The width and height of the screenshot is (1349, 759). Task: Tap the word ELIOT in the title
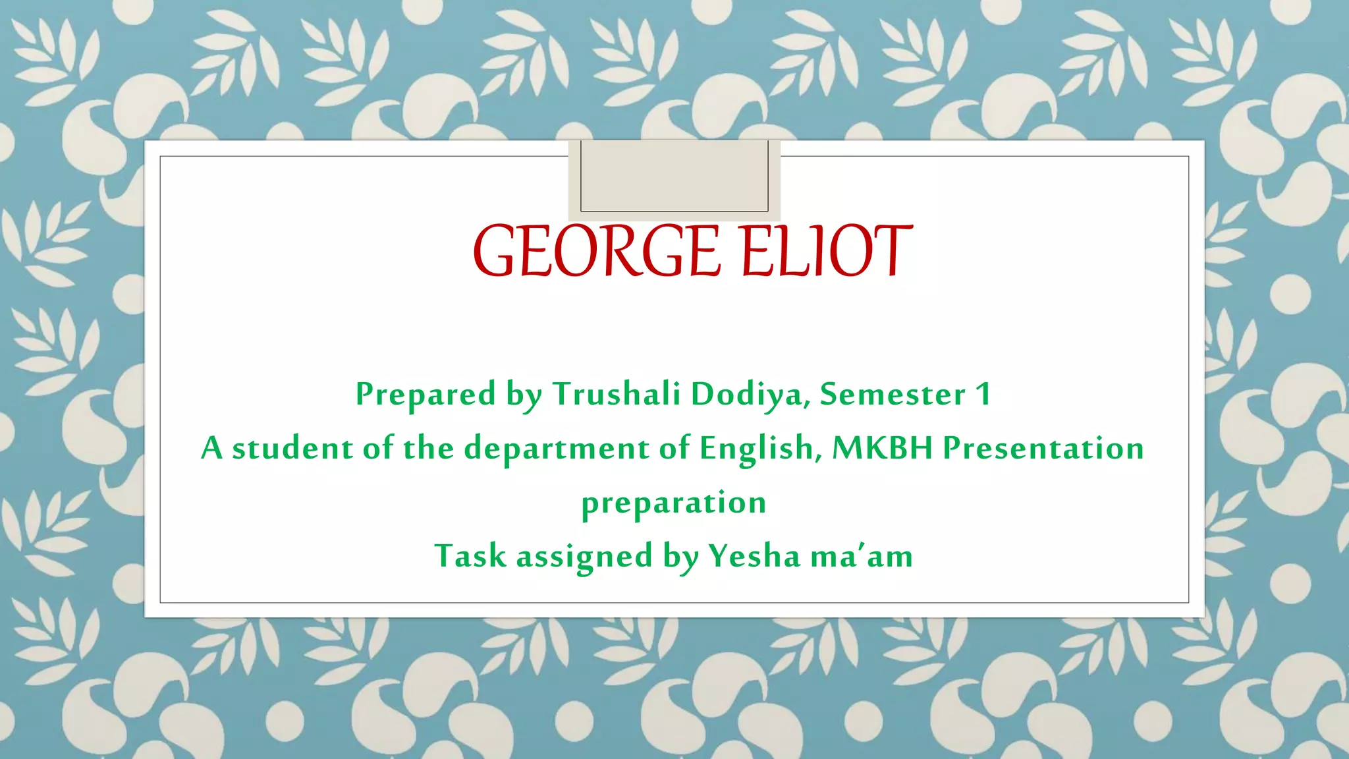[x=827, y=251]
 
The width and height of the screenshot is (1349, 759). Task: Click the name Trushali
[x=616, y=394]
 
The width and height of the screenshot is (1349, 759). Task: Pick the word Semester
[x=893, y=394]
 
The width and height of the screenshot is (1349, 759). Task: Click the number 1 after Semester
[x=983, y=394]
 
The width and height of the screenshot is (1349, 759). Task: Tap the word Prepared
[x=426, y=394]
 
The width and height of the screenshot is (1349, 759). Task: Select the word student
[x=292, y=448]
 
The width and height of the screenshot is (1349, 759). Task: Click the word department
[x=557, y=448]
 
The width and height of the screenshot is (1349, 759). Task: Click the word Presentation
[x=1043, y=448]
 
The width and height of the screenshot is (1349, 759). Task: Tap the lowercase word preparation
[x=674, y=503]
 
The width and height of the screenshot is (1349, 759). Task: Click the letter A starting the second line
[x=211, y=448]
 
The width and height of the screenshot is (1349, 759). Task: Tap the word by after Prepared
[x=524, y=394]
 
